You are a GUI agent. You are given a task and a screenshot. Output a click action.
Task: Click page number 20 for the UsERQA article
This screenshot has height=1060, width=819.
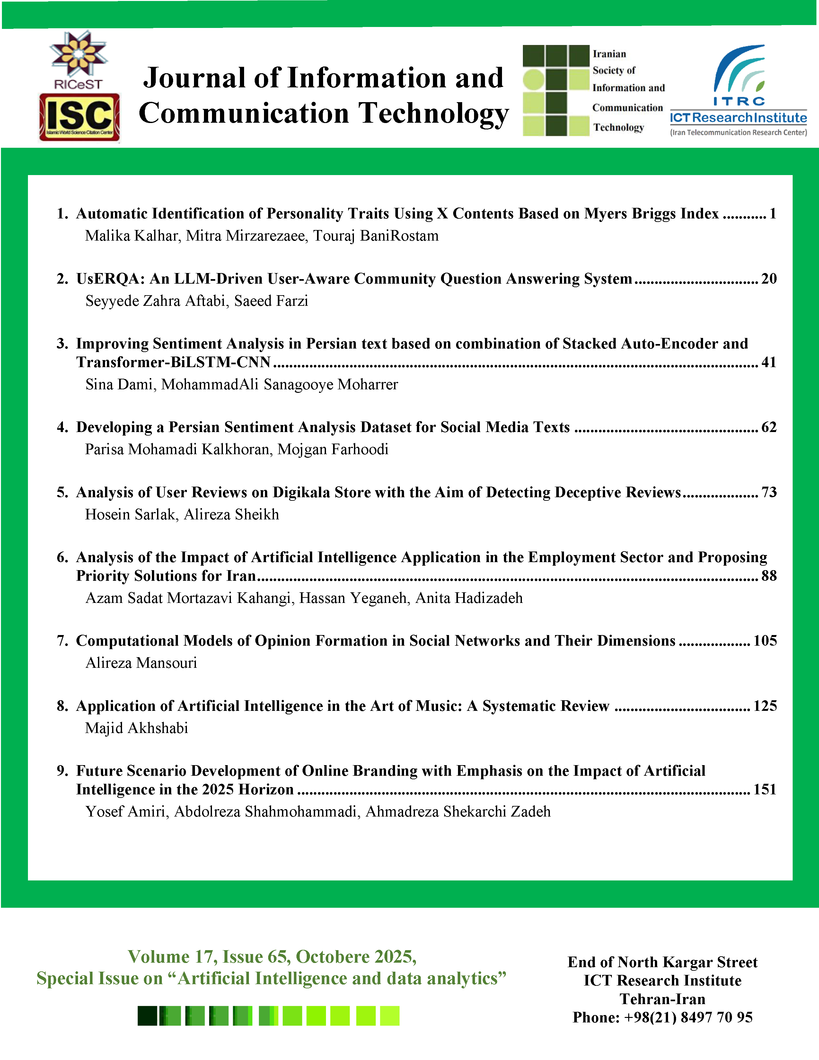click(769, 278)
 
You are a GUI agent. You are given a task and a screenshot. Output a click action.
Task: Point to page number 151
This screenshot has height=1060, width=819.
click(765, 789)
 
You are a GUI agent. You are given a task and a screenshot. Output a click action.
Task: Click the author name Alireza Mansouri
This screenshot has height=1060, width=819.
click(141, 663)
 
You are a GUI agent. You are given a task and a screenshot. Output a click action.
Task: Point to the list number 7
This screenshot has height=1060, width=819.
click(62, 641)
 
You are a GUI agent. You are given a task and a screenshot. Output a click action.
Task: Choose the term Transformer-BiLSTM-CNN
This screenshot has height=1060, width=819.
click(173, 362)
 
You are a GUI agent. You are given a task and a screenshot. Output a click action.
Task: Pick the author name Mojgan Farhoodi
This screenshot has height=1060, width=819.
click(333, 449)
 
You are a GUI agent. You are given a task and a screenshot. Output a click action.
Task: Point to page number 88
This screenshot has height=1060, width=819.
click(769, 576)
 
